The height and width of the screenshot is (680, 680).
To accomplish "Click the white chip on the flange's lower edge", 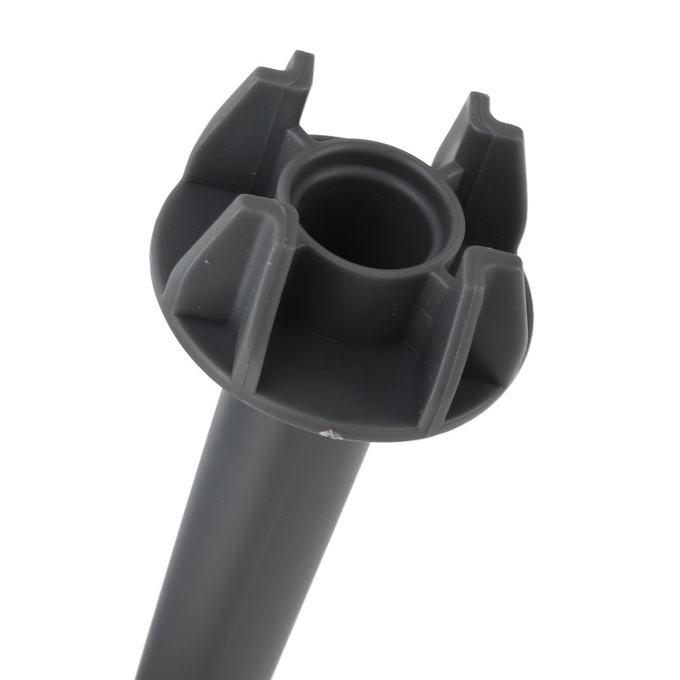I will coord(332,433).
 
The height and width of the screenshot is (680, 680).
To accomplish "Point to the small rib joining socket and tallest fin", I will coord(293,140).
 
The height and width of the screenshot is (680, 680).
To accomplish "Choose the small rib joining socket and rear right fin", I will coord(448,170).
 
